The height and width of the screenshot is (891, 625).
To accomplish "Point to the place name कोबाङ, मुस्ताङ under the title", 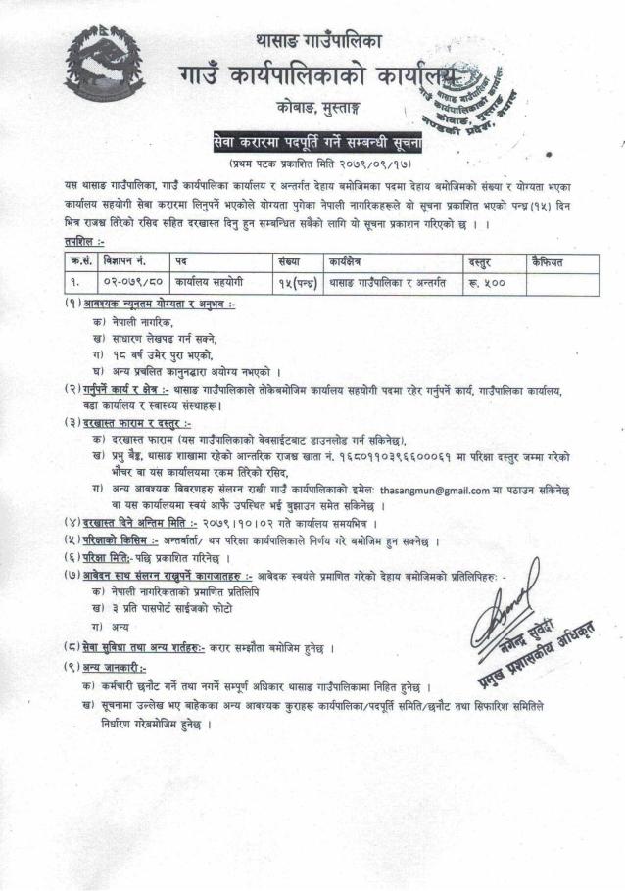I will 311,107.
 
